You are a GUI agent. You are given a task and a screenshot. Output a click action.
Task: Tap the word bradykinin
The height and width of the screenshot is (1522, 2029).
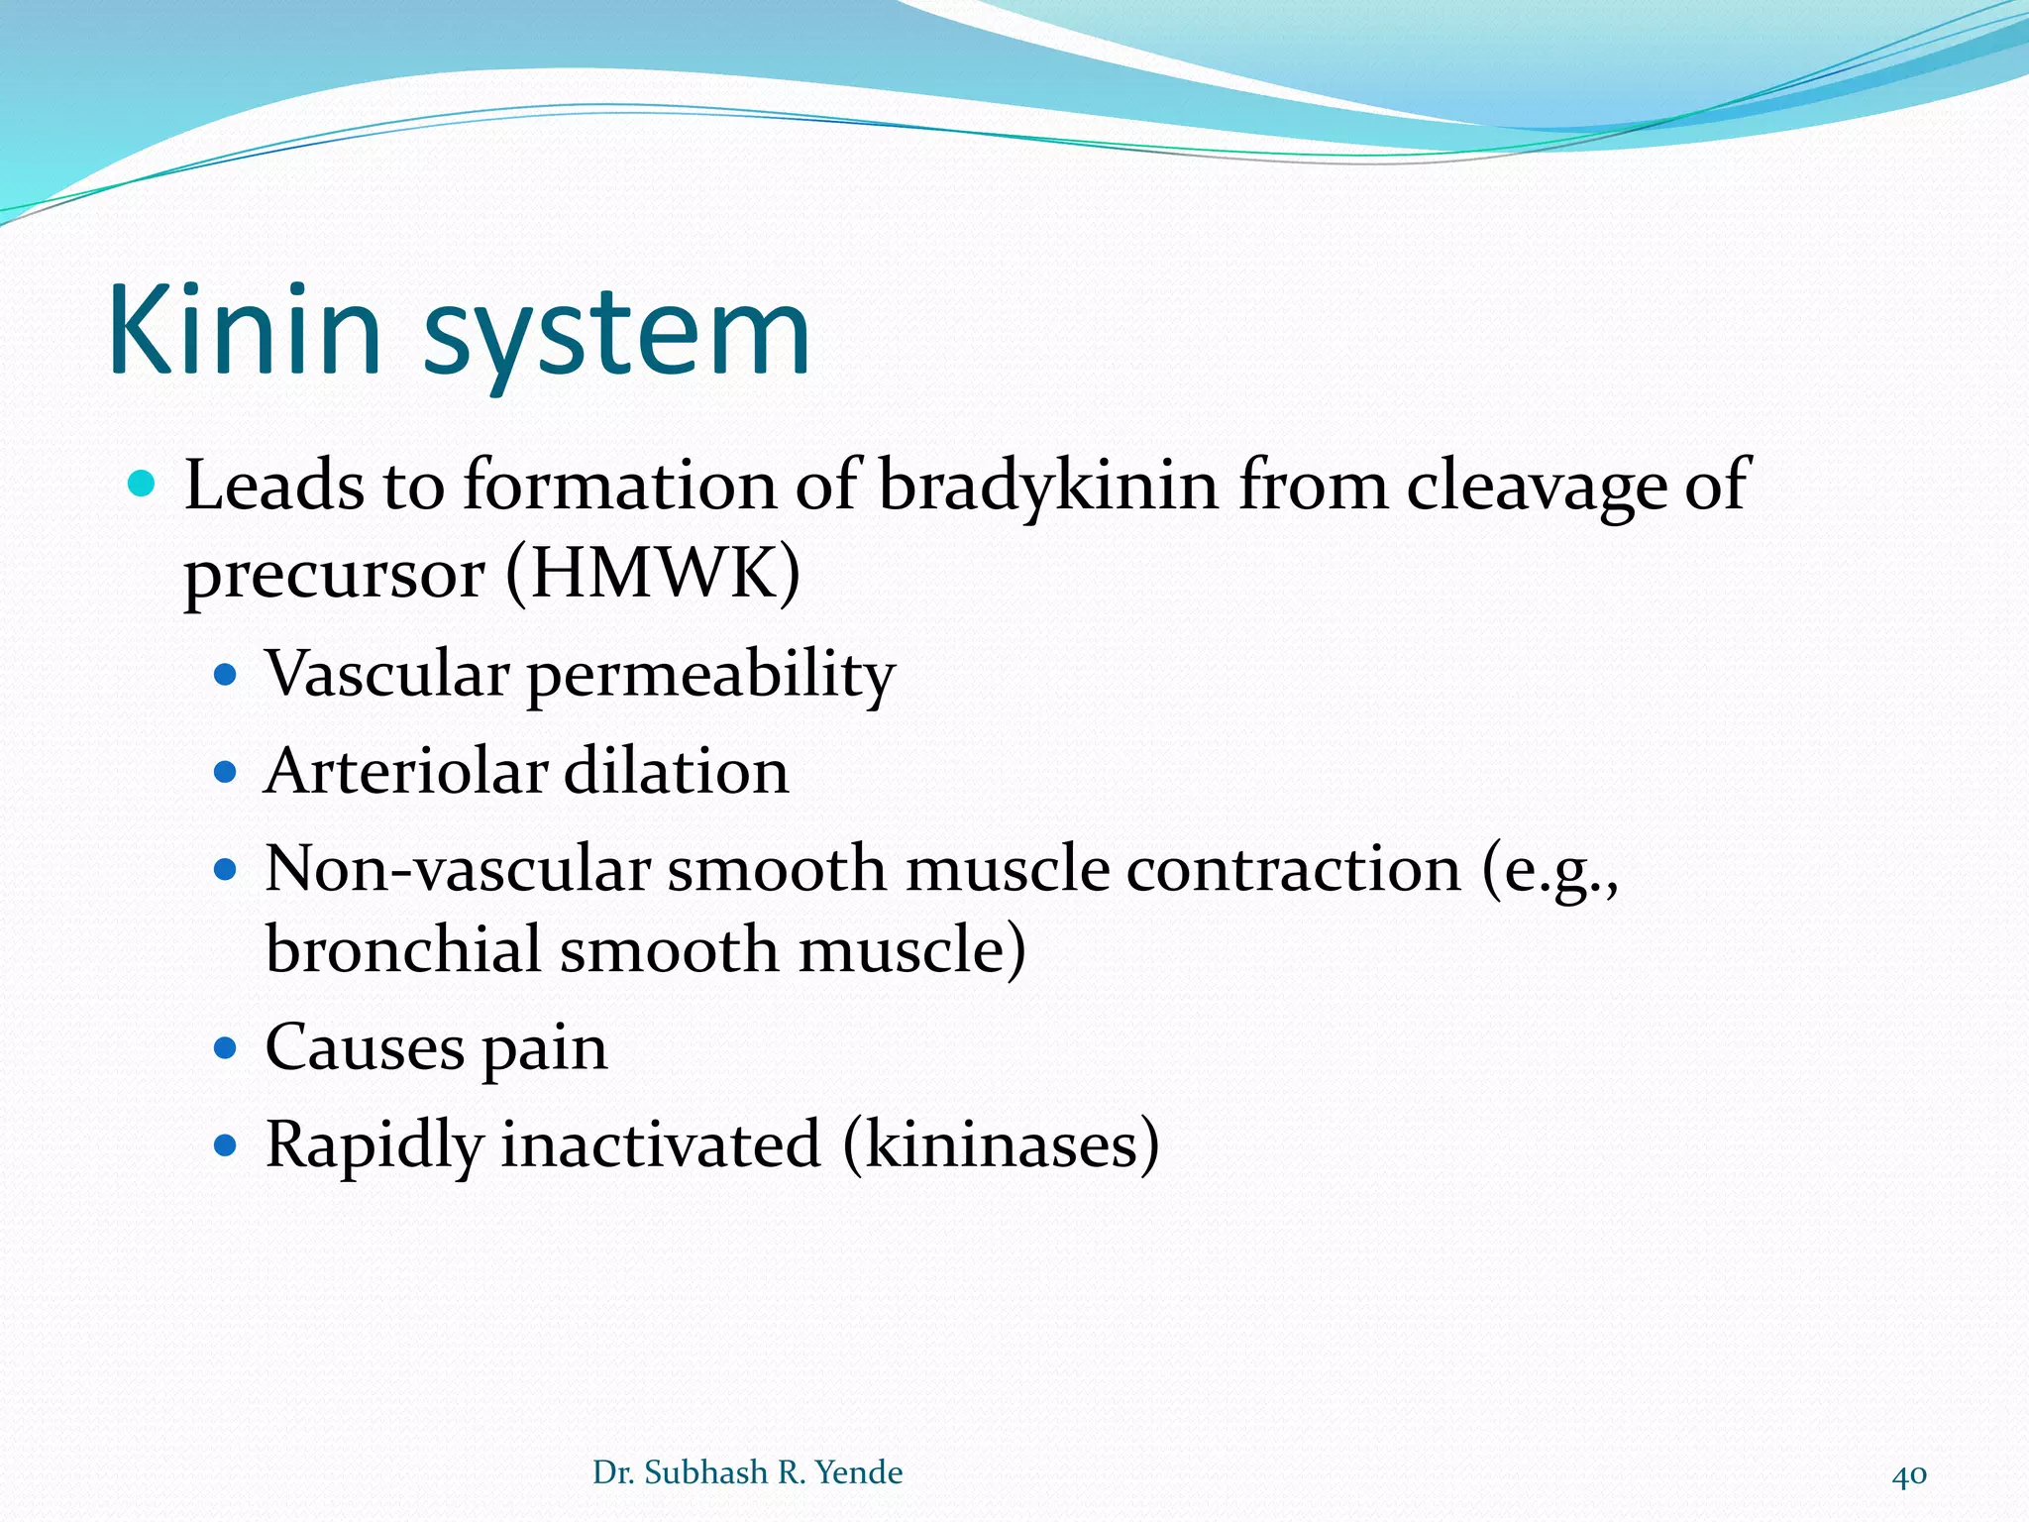click(1048, 486)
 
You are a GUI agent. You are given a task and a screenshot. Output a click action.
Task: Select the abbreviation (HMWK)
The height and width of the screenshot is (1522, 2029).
click(653, 574)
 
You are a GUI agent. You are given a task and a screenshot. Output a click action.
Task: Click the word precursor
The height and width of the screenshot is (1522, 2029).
click(335, 576)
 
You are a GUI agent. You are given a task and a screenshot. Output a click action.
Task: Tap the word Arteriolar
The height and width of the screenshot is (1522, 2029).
click(405, 771)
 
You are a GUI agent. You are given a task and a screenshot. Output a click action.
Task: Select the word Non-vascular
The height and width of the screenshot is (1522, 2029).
click(457, 869)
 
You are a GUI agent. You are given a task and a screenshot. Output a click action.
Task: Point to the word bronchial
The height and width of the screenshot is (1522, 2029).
click(403, 949)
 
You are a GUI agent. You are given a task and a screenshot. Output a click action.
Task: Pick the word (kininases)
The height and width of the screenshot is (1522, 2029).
click(1001, 1145)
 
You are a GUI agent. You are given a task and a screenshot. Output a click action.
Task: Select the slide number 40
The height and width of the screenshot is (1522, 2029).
click(1909, 1474)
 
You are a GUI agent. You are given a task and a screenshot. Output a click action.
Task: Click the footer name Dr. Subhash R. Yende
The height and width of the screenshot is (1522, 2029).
click(747, 1472)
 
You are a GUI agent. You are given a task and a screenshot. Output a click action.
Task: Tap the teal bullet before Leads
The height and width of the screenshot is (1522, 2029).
click(143, 485)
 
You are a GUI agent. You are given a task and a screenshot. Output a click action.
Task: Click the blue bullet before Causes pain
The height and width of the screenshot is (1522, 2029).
click(226, 1048)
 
